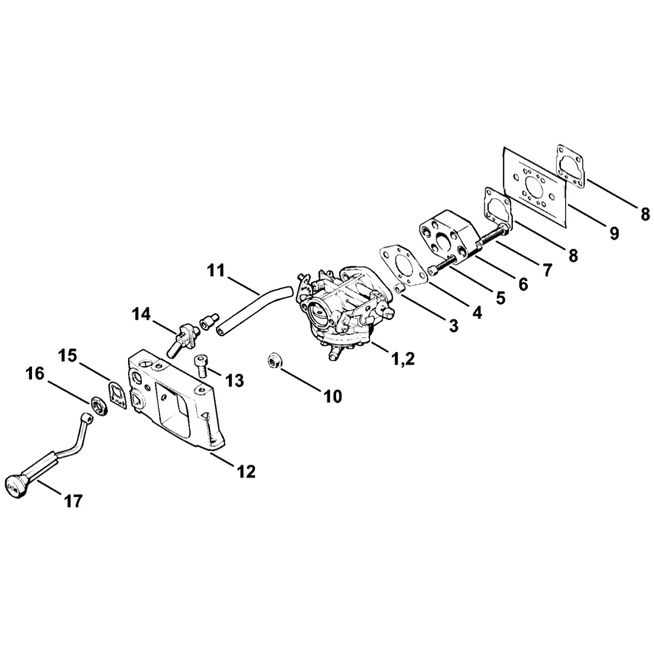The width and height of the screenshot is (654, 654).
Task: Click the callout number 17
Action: (73, 500)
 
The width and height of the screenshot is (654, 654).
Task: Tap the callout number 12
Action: (246, 472)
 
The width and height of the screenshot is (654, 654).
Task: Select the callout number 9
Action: (614, 233)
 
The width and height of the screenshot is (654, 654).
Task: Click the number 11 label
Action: (216, 271)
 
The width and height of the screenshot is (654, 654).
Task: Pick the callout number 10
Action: (332, 396)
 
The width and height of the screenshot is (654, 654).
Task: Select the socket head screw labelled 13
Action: (201, 366)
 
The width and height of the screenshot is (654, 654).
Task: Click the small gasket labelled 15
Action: (118, 394)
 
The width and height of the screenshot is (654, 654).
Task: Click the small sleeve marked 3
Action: (400, 288)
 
